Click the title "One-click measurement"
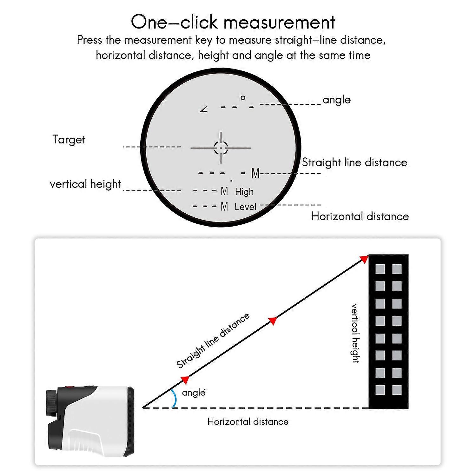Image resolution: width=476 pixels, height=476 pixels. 233,22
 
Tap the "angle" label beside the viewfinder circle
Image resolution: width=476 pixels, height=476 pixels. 336,100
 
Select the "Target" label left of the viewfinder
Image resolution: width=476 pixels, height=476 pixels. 69,140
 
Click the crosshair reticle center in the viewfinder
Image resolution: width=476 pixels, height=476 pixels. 221,148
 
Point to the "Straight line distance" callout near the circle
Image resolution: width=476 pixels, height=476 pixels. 354,162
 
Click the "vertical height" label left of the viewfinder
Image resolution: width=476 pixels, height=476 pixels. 85,184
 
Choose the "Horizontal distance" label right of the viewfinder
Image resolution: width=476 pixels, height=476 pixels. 360,216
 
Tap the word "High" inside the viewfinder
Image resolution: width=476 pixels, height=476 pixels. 244,192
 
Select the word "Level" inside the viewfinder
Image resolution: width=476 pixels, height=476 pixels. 245,207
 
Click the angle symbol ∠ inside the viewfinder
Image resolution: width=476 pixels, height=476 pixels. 204,109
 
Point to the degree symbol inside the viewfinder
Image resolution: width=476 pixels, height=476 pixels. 243,98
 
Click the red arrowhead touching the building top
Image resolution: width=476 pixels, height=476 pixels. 364,259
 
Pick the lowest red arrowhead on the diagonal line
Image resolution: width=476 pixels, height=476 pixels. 185,380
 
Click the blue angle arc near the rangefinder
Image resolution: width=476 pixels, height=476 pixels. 174,398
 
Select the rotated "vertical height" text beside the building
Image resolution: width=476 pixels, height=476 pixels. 355,333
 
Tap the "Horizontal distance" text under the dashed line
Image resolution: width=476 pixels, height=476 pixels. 248,422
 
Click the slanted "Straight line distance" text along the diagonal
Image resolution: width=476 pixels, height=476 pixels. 213,340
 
